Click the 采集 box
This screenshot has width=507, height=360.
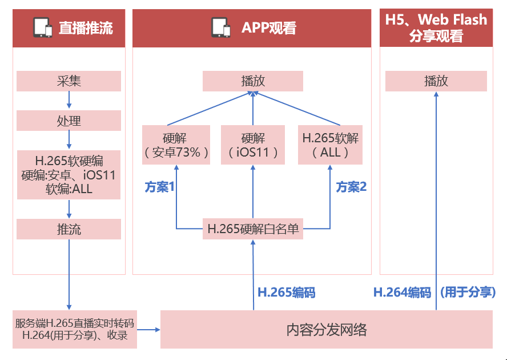click(x=69, y=81)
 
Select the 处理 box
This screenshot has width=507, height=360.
click(x=69, y=121)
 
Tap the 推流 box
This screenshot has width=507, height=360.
click(x=69, y=229)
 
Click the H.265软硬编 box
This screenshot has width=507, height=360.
click(x=69, y=174)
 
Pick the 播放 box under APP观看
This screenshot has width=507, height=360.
click(x=252, y=81)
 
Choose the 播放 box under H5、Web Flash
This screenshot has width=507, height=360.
click(x=436, y=81)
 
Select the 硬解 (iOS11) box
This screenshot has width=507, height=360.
click(x=252, y=145)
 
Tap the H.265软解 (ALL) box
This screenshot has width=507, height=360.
click(x=330, y=145)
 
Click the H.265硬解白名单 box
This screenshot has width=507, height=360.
click(x=252, y=229)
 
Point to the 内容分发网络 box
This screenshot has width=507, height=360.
click(x=326, y=329)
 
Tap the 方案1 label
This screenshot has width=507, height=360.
click(x=159, y=187)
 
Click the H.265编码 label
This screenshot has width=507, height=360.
click(x=286, y=293)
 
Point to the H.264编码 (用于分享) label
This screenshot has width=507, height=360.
click(x=434, y=293)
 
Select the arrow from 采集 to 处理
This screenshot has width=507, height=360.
click(x=69, y=101)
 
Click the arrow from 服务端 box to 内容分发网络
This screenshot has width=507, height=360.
click(x=149, y=329)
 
